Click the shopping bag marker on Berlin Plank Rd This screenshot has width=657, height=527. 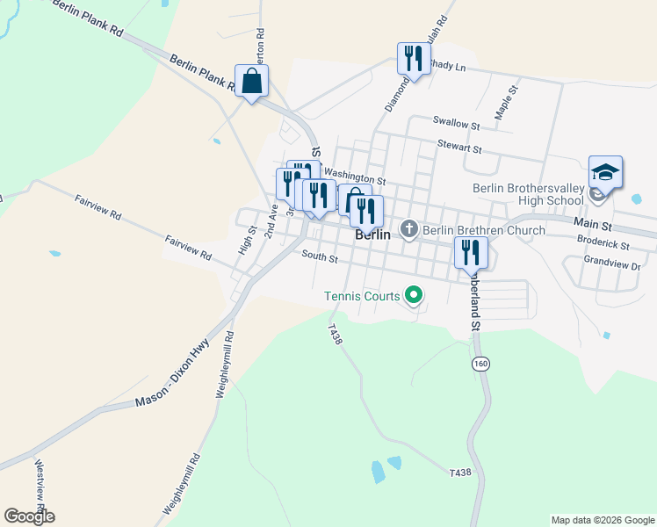pyautogui.click(x=251, y=82)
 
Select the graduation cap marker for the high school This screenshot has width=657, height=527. pyautogui.click(x=605, y=172)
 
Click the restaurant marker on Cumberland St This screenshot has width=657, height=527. pyautogui.click(x=470, y=253)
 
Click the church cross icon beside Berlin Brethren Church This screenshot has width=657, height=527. pyautogui.click(x=408, y=230)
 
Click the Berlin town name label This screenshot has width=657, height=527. pyautogui.click(x=372, y=235)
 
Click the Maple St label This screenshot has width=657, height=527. pyautogui.click(x=505, y=103)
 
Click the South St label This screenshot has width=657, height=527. pyautogui.click(x=320, y=257)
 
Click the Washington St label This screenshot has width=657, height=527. pyautogui.click(x=355, y=178)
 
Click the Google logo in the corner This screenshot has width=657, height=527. pyautogui.click(x=29, y=516)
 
